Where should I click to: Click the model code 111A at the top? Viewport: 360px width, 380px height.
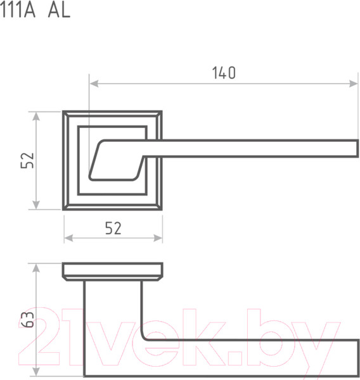pos(18,11)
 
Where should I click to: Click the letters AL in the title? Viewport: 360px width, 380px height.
pos(59,11)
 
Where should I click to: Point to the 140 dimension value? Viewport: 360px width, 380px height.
pos(224,73)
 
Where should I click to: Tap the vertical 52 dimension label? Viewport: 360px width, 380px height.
pos(27,160)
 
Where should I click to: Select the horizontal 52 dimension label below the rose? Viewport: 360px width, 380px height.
pos(113,228)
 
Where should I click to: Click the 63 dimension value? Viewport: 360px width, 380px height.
pos(27,319)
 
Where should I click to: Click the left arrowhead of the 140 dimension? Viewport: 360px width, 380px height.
pos(94,84)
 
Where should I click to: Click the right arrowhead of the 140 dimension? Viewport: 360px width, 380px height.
pos(353,84)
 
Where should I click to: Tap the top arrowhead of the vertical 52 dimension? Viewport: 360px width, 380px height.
pos(36,117)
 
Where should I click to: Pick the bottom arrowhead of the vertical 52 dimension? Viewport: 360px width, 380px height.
pos(36,205)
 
